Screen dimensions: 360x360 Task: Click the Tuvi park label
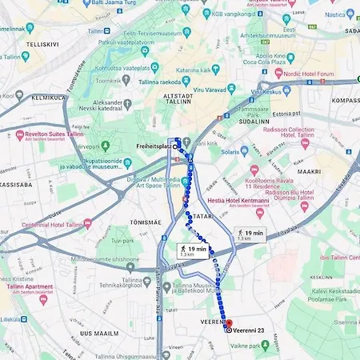coord(122,240)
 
